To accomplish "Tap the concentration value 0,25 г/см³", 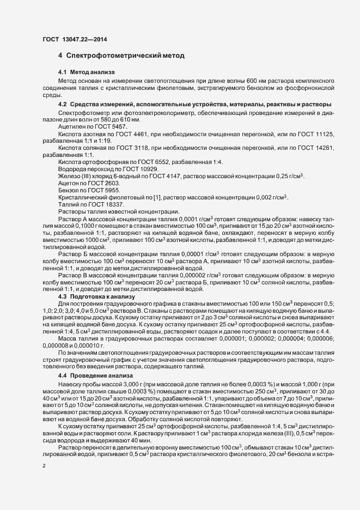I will (286, 177).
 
